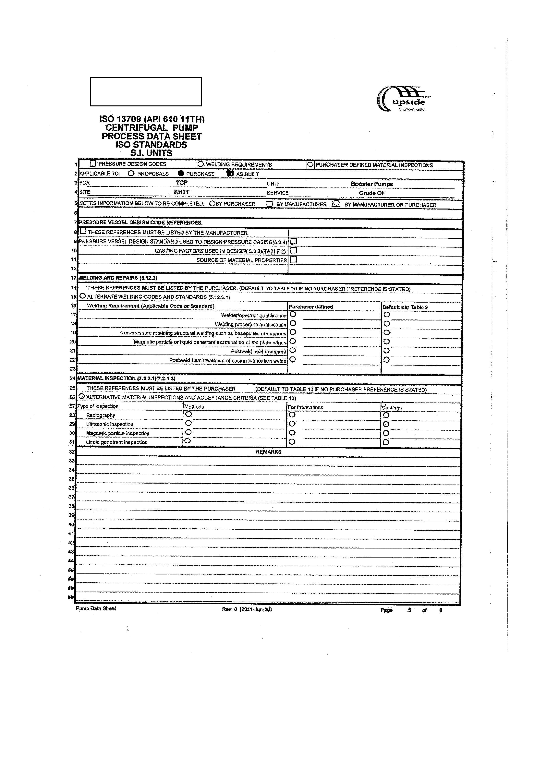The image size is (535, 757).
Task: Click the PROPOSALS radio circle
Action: click(131, 173)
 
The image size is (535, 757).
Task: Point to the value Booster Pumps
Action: click(372, 184)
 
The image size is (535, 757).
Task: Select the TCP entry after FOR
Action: click(181, 183)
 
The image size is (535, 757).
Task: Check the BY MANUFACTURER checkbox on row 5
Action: click(270, 204)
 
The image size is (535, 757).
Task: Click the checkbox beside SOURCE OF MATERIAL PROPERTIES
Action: click(293, 259)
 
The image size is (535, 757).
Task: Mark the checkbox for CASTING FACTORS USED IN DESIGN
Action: click(293, 250)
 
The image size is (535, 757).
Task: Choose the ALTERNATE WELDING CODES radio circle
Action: click(82, 296)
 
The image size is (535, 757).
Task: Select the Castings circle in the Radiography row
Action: click(386, 415)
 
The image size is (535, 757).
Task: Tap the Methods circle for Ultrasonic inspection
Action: click(188, 423)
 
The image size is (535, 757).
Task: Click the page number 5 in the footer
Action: click(409, 610)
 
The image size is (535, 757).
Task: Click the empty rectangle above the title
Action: click(146, 92)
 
